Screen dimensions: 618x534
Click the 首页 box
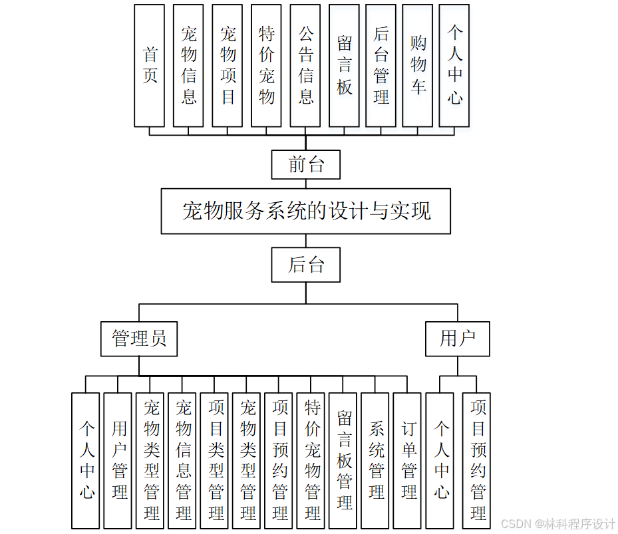pos(149,65)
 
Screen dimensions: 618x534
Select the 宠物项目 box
pos(228,65)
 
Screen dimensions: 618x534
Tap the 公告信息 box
pos(305,65)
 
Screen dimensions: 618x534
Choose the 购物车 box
pos(417,65)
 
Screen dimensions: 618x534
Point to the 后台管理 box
pos(381,65)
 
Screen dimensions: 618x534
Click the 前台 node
pos(305,164)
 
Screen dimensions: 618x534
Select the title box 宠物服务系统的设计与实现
pos(306,211)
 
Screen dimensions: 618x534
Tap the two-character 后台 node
pos(306,265)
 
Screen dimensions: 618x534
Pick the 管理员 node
pos(139,338)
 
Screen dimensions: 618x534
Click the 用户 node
pos(458,338)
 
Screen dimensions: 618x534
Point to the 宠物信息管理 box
pos(184,460)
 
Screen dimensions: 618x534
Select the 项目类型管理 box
pos(216,460)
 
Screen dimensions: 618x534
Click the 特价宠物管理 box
pos(313,460)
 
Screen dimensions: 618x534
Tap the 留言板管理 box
pos(345,460)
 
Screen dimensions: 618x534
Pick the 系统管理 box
pos(377,460)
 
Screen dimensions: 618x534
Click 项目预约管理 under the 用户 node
pos(478,460)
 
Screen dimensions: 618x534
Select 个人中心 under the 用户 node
pos(441,460)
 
